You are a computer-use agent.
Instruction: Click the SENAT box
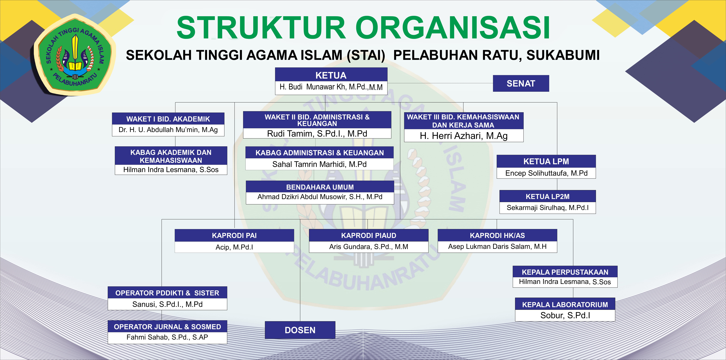(521, 83)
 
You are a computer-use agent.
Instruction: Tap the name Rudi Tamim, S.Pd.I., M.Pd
(317, 134)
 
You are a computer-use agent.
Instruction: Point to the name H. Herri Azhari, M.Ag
(464, 136)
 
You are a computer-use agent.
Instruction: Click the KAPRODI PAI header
(234, 235)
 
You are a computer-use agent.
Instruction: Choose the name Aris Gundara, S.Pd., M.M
(369, 247)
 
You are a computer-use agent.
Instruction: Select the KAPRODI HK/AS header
(497, 235)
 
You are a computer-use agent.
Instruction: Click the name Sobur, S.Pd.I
(565, 315)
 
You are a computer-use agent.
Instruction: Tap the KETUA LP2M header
(548, 197)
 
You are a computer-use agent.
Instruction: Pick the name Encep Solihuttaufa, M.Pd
(546, 173)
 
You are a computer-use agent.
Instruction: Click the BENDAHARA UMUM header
(320, 187)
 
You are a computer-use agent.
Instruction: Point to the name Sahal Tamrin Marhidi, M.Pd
(319, 164)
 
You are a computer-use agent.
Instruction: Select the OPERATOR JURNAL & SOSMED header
(167, 327)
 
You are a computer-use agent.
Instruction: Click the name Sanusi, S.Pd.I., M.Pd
(167, 304)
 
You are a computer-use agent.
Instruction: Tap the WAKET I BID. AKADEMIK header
(168, 119)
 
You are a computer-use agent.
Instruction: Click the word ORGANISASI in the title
(453, 28)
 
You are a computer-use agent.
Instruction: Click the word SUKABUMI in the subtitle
(563, 55)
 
